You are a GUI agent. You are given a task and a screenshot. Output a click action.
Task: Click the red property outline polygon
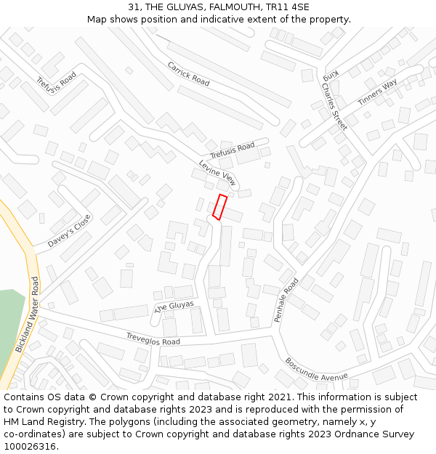pyautogui.click(x=219, y=207)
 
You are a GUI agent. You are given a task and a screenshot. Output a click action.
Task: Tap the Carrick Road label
pyautogui.click(x=188, y=73)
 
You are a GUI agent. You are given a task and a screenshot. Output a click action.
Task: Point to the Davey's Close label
pyautogui.click(x=70, y=231)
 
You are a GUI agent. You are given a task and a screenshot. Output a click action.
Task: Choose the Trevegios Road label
pyautogui.click(x=153, y=339)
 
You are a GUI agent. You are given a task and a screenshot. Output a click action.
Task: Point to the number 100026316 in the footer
pyautogui.click(x=31, y=446)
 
